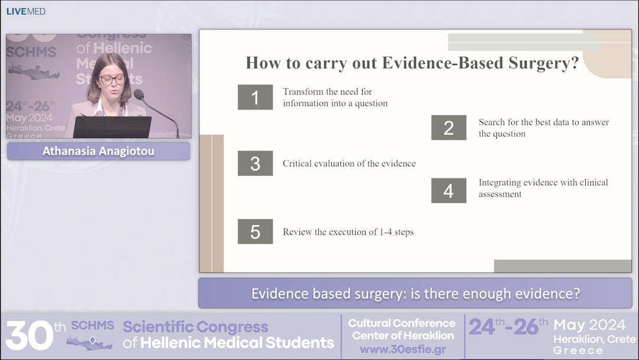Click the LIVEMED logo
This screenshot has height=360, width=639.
pyautogui.click(x=25, y=11)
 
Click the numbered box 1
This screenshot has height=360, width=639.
pyautogui.click(x=255, y=97)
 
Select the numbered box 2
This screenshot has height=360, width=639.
pyautogui.click(x=448, y=128)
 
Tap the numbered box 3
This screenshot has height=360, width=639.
pyautogui.click(x=255, y=163)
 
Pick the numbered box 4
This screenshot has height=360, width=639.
pyautogui.click(x=448, y=191)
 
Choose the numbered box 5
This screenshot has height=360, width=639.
pyautogui.click(x=255, y=232)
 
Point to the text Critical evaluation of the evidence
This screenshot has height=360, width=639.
pyautogui.click(x=349, y=163)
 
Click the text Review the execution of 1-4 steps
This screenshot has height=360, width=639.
pyautogui.click(x=348, y=232)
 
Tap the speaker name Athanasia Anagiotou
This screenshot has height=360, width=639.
pyautogui.click(x=98, y=152)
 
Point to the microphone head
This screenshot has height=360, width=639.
pyautogui.click(x=139, y=95)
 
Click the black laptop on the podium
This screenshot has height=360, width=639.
pyautogui.click(x=112, y=127)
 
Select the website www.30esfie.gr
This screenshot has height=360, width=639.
pyautogui.click(x=402, y=349)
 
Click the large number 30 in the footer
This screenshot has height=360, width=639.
pyautogui.click(x=30, y=335)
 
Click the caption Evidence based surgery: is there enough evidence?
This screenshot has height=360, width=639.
pyautogui.click(x=415, y=294)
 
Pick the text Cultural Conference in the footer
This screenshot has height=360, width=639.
pyautogui.click(x=402, y=323)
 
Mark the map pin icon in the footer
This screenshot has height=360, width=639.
pyautogui.click(x=92, y=340)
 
